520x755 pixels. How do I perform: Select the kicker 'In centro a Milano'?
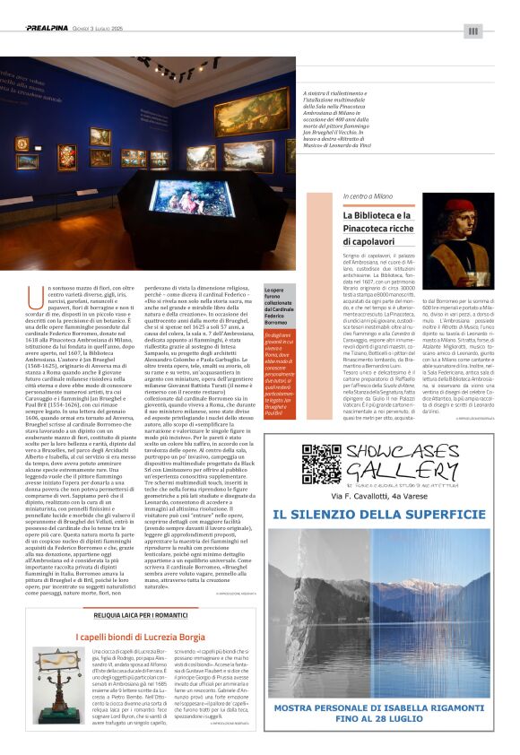coord(367,196)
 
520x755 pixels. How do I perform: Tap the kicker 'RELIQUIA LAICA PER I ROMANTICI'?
coord(140,615)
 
